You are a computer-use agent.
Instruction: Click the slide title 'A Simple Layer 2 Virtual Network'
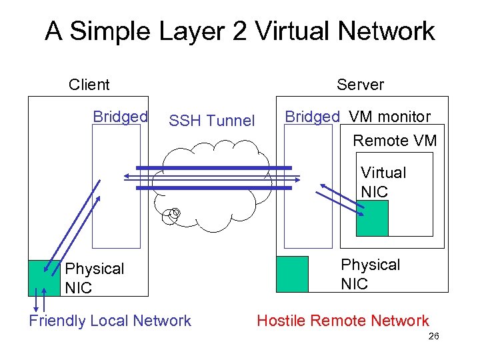(x=240, y=31)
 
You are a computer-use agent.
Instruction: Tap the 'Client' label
(x=89, y=85)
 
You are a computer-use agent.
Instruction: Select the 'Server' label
(x=360, y=85)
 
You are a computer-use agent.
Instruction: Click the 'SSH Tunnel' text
(x=211, y=121)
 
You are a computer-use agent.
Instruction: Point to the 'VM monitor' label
(x=390, y=117)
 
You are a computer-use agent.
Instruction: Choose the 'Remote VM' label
(x=395, y=141)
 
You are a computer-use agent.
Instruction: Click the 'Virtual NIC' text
(x=383, y=182)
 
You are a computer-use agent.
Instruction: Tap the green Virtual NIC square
(x=372, y=218)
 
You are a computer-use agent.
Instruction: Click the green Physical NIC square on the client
(x=44, y=277)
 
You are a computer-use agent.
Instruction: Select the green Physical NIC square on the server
(x=292, y=274)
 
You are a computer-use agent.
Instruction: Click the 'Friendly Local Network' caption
(x=110, y=321)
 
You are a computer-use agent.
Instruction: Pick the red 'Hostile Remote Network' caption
(x=343, y=321)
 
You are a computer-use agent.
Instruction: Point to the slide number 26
(x=433, y=337)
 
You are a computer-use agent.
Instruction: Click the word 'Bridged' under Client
(x=120, y=117)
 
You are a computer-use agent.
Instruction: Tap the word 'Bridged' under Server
(x=312, y=117)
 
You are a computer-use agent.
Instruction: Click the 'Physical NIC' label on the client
(x=94, y=278)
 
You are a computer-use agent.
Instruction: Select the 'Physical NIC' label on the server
(x=370, y=274)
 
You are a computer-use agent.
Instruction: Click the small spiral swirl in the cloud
(x=174, y=214)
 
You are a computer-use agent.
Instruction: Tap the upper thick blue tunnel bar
(x=214, y=167)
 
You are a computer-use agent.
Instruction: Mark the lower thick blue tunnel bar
(x=214, y=189)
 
